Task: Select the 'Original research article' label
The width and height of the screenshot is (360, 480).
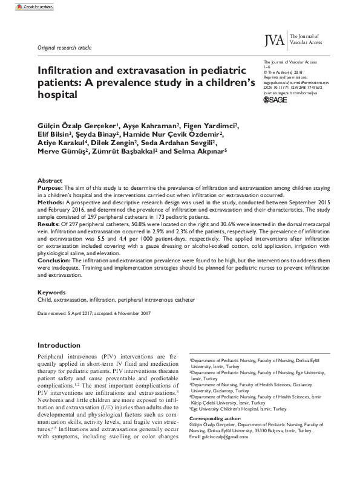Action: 64,47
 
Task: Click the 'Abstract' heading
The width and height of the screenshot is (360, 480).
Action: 50,181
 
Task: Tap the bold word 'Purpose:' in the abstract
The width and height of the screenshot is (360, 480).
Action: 51,189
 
